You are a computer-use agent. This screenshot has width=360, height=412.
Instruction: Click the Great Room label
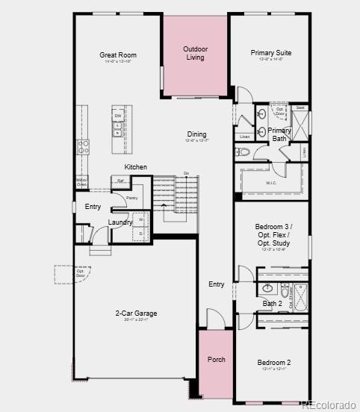click(118, 54)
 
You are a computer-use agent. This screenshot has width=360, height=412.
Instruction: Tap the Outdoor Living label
click(195, 53)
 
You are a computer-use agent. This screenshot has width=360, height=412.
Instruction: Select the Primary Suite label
click(271, 53)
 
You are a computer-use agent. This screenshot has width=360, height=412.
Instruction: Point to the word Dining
click(196, 134)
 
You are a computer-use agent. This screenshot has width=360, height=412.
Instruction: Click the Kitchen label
click(135, 166)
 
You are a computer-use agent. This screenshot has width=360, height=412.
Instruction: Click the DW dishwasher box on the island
click(118, 116)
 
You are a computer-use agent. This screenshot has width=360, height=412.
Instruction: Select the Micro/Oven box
click(81, 182)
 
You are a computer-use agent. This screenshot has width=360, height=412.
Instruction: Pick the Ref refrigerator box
click(120, 181)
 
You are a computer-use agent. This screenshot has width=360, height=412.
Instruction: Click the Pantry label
click(131, 198)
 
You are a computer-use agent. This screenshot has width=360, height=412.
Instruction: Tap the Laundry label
click(120, 222)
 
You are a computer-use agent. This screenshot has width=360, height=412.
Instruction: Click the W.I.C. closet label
click(270, 183)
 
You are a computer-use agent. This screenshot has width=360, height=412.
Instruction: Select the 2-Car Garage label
click(136, 313)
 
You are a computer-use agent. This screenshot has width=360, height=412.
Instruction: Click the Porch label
click(216, 359)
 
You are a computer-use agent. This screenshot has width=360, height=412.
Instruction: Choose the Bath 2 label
click(273, 303)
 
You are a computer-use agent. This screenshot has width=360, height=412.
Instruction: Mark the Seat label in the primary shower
click(300, 107)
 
